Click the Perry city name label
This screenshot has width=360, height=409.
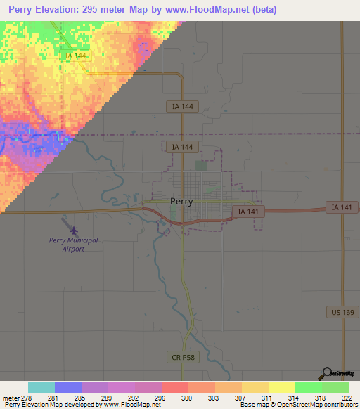pyautogui.click(x=181, y=201)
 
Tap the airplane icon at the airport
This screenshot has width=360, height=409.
pyautogui.click(x=74, y=229)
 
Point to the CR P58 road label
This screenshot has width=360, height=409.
pyautogui.click(x=185, y=357)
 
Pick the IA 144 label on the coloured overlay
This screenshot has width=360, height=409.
pyautogui.click(x=75, y=55)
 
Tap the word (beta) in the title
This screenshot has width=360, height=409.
pyautogui.click(x=259, y=10)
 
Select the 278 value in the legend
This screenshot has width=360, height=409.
pyautogui.click(x=29, y=398)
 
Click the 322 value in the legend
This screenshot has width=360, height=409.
pyautogui.click(x=348, y=398)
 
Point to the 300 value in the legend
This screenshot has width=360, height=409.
pyautogui.click(x=188, y=398)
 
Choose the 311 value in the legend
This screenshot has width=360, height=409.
pyautogui.click(x=268, y=398)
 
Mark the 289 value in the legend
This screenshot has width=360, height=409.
pyautogui.click(x=108, y=398)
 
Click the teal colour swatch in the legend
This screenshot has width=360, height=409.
pyautogui.click(x=41, y=387)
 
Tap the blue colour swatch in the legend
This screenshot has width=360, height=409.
pyautogui.click(x=68, y=387)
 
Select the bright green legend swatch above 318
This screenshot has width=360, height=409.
pyautogui.click(x=309, y=387)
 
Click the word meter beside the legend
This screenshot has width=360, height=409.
pyautogui.click(x=11, y=398)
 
